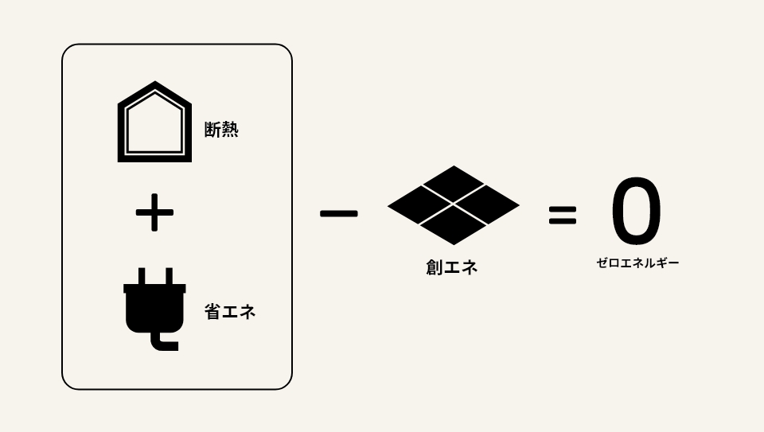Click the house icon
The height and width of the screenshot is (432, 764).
tap(154, 123)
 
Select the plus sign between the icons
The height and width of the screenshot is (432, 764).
tap(154, 214)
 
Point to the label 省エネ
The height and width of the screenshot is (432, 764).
tap(230, 312)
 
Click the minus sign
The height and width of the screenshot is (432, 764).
tap(338, 213)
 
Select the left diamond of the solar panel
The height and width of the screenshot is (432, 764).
tap(419, 206)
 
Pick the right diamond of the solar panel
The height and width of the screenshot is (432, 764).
tap(487, 206)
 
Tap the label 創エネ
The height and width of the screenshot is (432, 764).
tap(451, 268)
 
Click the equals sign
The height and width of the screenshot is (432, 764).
tap(562, 214)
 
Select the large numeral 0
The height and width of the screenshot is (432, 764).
tap(636, 212)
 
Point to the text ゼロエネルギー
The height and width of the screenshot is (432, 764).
tap(637, 263)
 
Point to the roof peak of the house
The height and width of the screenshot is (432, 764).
tap(154, 85)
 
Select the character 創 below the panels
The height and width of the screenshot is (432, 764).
tap(434, 268)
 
